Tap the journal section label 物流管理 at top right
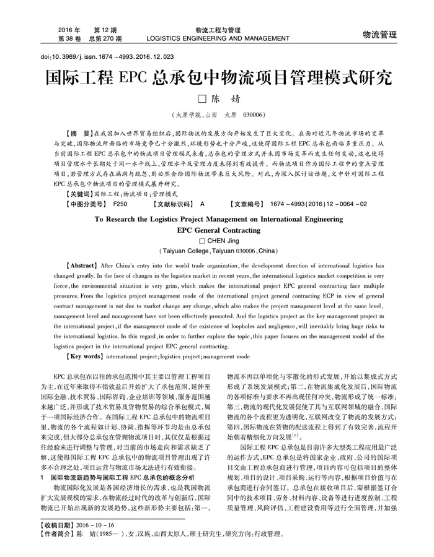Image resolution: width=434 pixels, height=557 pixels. (379, 35)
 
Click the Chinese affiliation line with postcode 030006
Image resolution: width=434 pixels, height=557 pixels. (216, 115)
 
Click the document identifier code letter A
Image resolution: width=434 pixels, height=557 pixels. (203, 204)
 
